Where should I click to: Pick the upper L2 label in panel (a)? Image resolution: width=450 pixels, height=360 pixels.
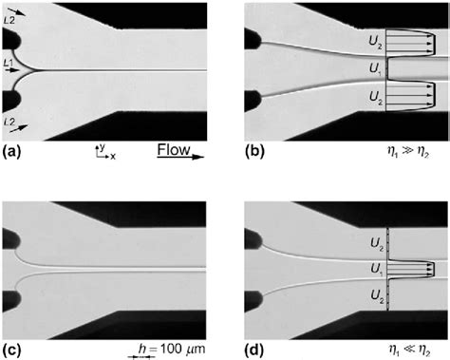[x=9, y=8]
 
